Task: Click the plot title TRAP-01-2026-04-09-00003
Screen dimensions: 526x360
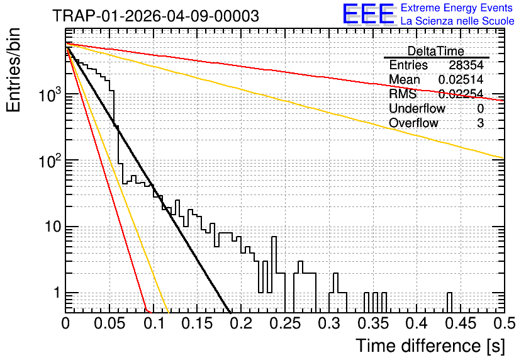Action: [155, 16]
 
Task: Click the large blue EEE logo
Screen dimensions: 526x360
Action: [369, 14]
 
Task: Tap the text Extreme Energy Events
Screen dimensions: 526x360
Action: [457, 8]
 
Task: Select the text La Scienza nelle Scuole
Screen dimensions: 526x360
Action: [457, 21]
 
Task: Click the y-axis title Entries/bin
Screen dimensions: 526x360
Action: [13, 70]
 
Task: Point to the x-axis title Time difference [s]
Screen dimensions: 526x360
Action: [430, 346]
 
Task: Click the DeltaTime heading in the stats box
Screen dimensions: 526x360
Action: [436, 51]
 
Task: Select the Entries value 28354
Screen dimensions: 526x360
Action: [466, 65]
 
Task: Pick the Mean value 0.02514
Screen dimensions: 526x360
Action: [461, 79]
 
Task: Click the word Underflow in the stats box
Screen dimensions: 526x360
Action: [417, 108]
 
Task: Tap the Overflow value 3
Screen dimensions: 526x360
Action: [480, 123]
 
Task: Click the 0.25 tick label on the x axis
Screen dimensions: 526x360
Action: [285, 323]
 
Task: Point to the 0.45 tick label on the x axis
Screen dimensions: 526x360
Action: [461, 323]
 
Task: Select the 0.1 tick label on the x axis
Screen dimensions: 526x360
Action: [155, 323]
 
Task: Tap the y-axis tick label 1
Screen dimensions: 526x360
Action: [57, 293]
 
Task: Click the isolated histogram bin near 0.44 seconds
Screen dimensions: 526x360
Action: [449, 302]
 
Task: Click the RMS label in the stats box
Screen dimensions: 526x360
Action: [403, 94]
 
